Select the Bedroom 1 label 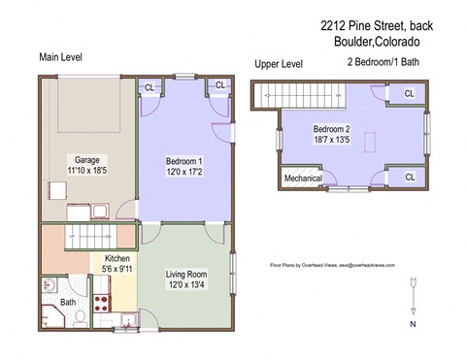point(183,160)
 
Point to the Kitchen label point(118,259)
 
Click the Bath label point(68,303)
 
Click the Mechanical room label point(303,179)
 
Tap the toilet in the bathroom point(81,317)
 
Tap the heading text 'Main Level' point(60,57)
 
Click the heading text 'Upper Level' point(279,64)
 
